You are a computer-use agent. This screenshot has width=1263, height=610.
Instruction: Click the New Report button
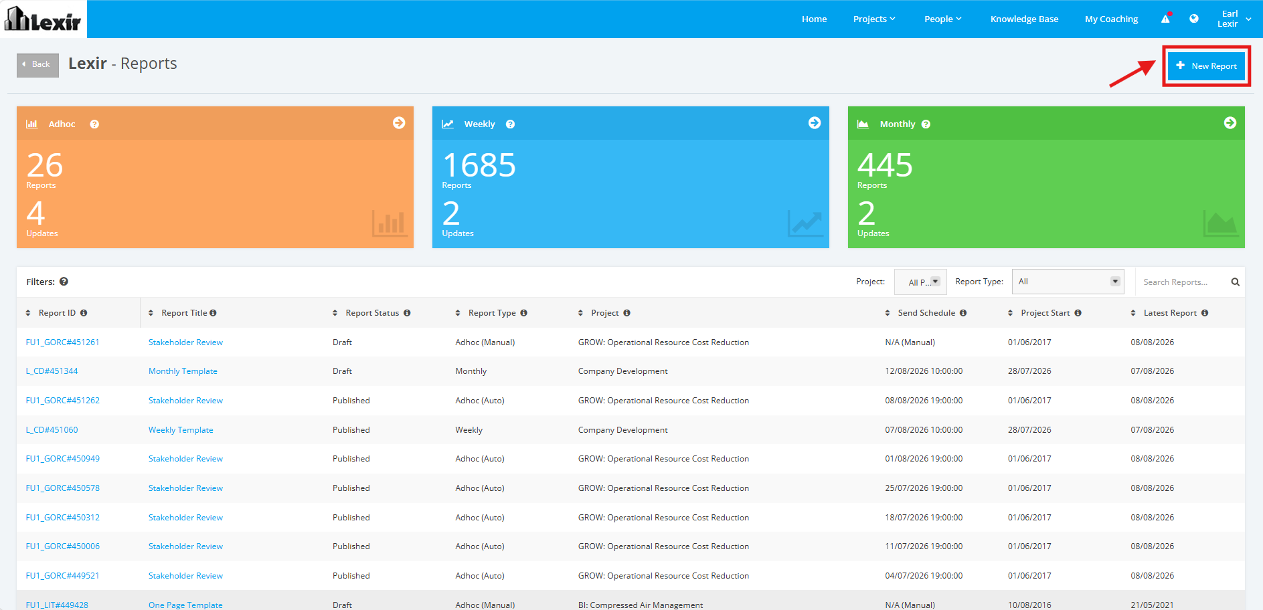pyautogui.click(x=1206, y=66)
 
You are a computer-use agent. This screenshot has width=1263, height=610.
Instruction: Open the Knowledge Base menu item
pyautogui.click(x=1024, y=19)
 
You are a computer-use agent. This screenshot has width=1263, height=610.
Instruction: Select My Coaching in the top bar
pyautogui.click(x=1111, y=19)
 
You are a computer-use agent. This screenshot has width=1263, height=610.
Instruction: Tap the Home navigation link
pyautogui.click(x=814, y=19)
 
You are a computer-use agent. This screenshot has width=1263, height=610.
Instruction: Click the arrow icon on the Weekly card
pyautogui.click(x=815, y=123)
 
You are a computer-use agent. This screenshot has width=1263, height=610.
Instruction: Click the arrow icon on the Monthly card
pyautogui.click(x=1230, y=123)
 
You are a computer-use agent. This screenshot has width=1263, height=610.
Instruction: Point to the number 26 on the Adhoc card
pyautogui.click(x=45, y=165)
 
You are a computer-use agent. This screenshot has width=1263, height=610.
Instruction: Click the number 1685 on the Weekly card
pyautogui.click(x=479, y=165)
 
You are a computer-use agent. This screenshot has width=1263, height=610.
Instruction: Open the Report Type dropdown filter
pyautogui.click(x=1068, y=282)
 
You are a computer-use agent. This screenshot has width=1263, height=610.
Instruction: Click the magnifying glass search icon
pyautogui.click(x=1236, y=282)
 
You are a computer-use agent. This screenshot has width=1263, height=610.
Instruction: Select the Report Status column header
pyautogui.click(x=372, y=313)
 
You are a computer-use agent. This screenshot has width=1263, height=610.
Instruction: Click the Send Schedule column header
pyautogui.click(x=926, y=313)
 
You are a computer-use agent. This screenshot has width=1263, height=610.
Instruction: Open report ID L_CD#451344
pyautogui.click(x=52, y=371)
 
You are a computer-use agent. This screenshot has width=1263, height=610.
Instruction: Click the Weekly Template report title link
pyautogui.click(x=181, y=430)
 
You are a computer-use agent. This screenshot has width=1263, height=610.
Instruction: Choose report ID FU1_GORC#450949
pyautogui.click(x=62, y=459)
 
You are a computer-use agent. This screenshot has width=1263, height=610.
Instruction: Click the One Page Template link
pyautogui.click(x=185, y=605)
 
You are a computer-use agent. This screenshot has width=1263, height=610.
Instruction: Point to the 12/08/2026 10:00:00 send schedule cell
pyautogui.click(x=924, y=371)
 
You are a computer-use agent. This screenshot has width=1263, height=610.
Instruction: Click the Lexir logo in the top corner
pyautogui.click(x=43, y=19)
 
